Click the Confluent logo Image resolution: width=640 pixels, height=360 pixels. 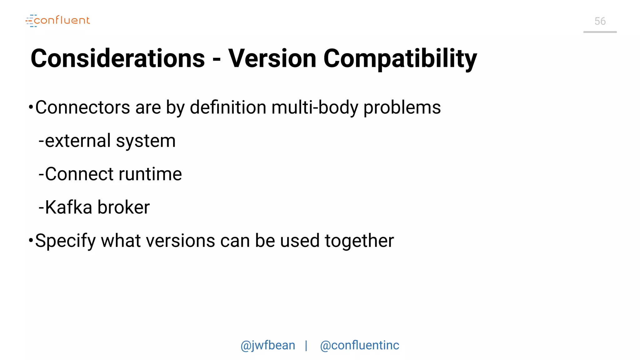tap(58, 21)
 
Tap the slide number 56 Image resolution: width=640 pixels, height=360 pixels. tap(600, 21)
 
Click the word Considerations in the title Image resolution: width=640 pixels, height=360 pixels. tap(118, 59)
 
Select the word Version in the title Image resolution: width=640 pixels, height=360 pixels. tap(272, 59)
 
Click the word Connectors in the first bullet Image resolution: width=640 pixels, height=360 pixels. tap(82, 107)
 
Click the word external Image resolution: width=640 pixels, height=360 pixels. tap(78, 141)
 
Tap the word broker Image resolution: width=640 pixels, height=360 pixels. tap(124, 207)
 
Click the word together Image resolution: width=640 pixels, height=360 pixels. tap(359, 241)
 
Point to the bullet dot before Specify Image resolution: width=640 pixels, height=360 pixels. tap(31, 240)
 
